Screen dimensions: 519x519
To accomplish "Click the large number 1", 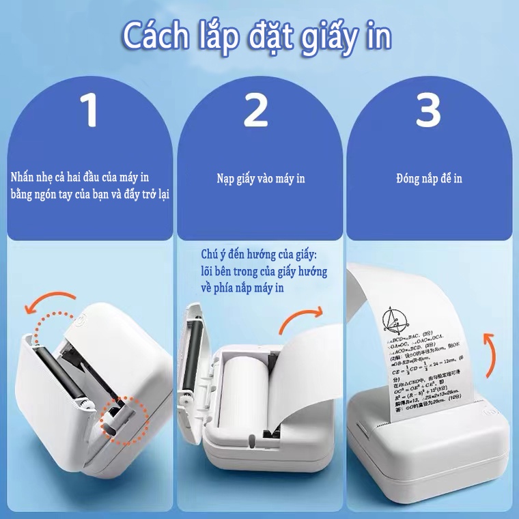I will pyautogui.click(x=88, y=110).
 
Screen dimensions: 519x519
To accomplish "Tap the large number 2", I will pyautogui.click(x=256, y=110).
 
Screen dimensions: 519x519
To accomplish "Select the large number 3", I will pyautogui.click(x=428, y=110).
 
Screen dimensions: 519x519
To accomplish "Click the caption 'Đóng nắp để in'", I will pyautogui.click(x=429, y=179).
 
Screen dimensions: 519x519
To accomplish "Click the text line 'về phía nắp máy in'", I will pyautogui.click(x=243, y=288).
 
